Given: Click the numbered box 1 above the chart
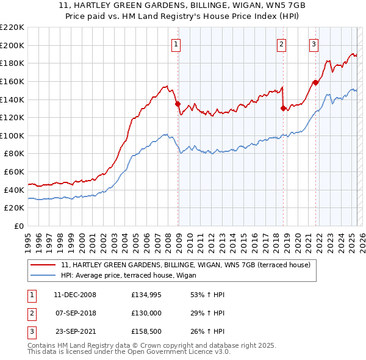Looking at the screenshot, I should click(x=176, y=43).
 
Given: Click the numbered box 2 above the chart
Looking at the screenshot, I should click(x=282, y=43).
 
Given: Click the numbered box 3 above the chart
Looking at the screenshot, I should click(x=314, y=43).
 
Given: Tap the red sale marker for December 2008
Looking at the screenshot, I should click(x=178, y=104).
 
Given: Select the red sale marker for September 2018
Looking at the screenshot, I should click(x=283, y=108).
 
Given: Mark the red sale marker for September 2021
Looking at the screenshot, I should click(x=315, y=82).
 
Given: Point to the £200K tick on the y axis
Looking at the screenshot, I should click(x=12, y=45).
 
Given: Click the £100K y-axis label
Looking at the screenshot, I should click(x=12, y=135).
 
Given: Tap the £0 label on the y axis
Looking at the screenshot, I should click(x=20, y=226).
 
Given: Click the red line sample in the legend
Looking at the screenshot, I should click(x=43, y=265).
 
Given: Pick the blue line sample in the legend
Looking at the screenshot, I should click(x=43, y=275).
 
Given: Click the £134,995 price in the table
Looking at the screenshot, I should click(x=148, y=295).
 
